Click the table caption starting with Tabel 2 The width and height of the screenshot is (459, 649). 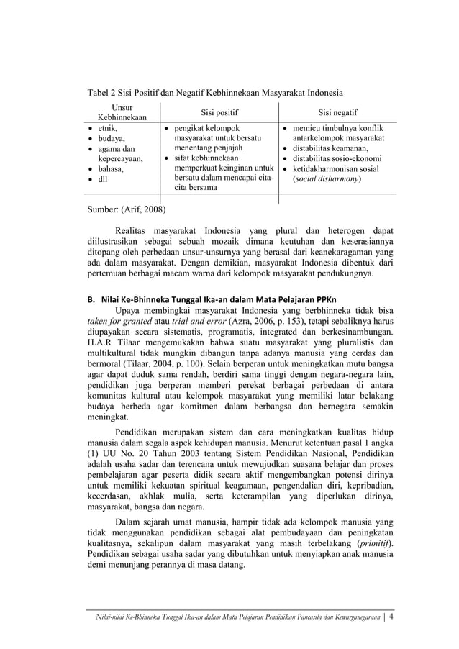(214, 93)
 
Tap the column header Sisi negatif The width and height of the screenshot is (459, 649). (338, 112)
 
